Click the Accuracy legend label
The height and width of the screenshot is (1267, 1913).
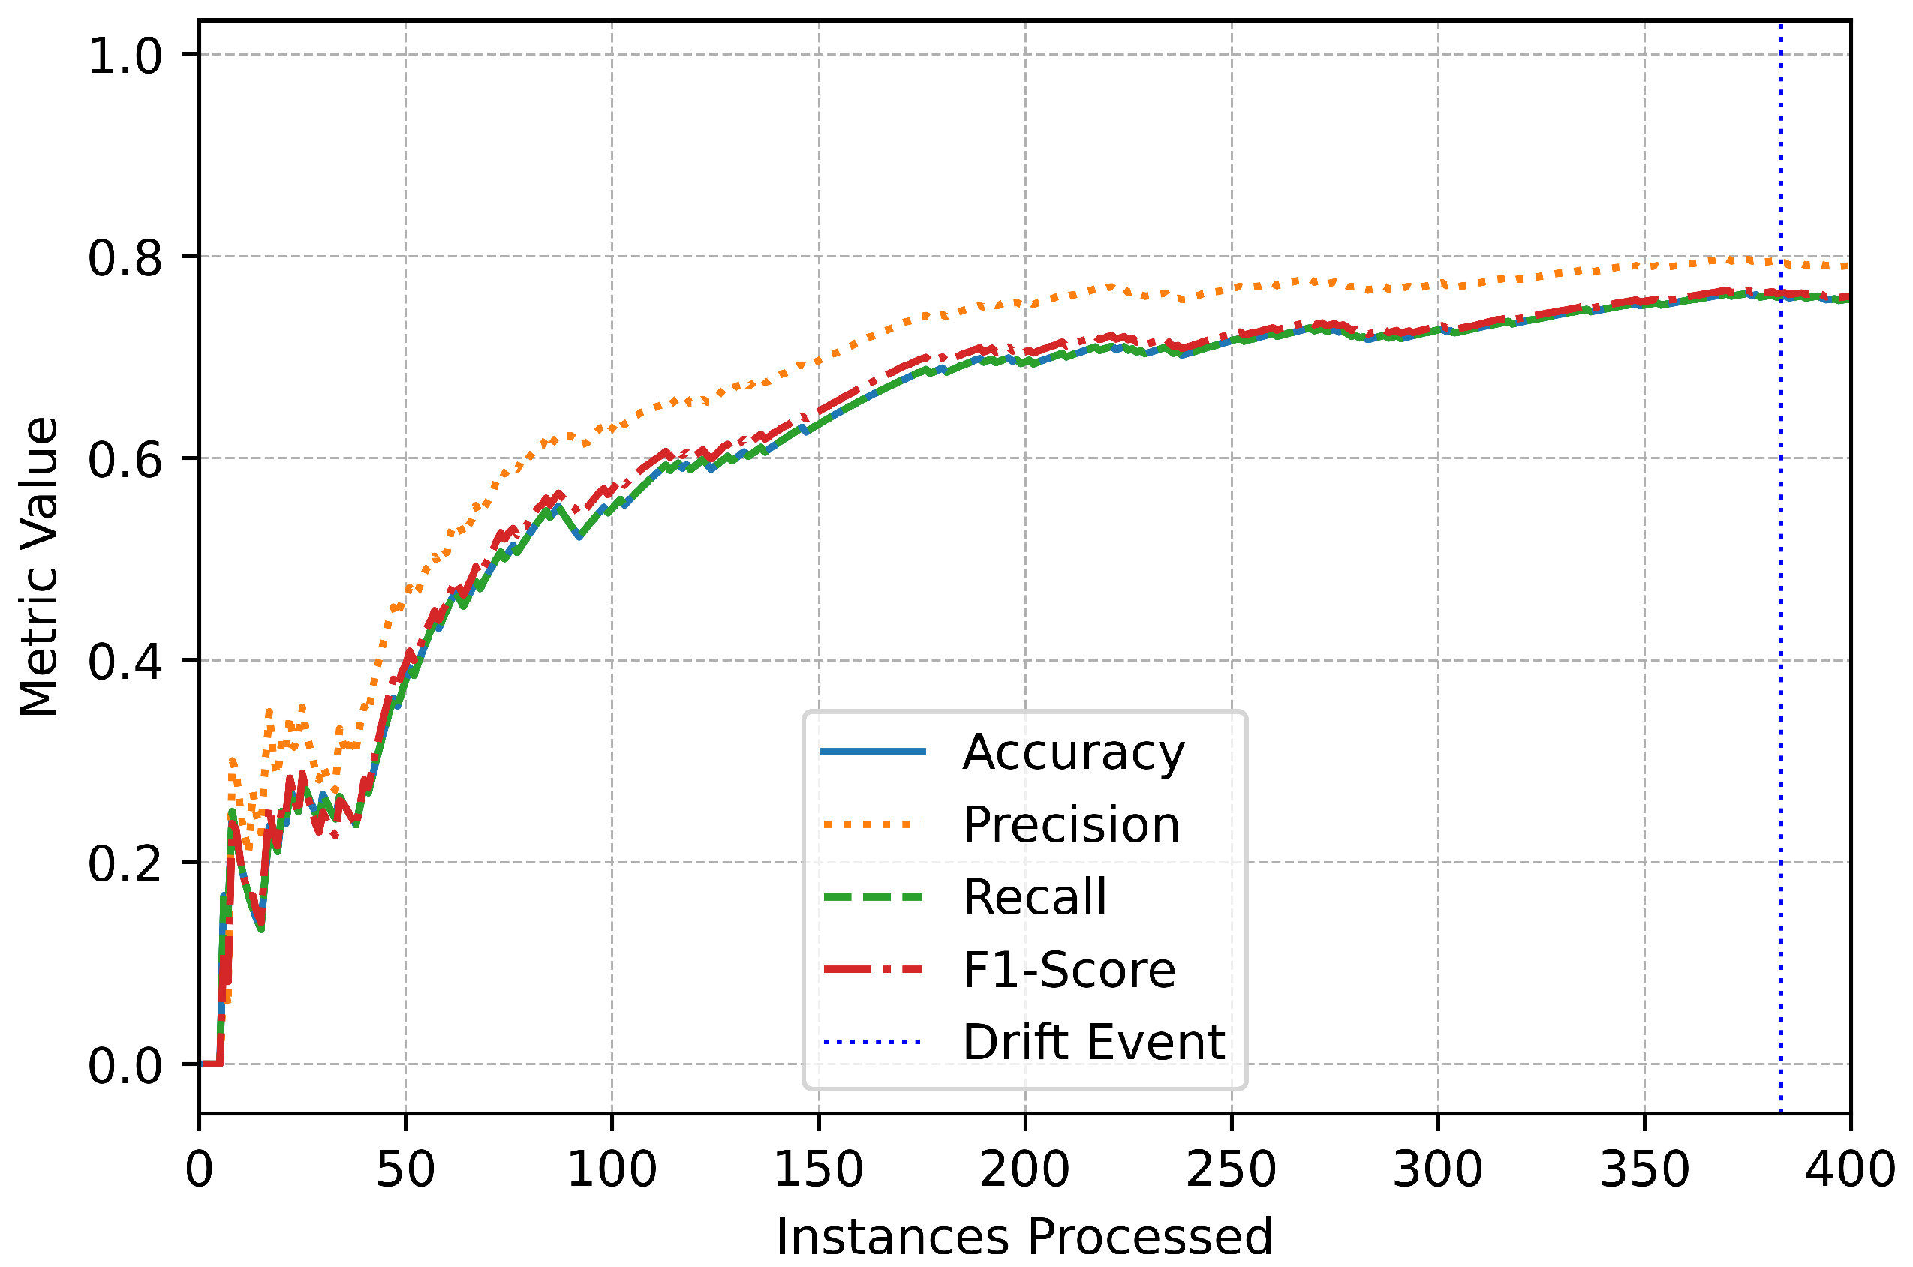tap(1072, 752)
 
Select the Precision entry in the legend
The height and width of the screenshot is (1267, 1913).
tap(1071, 825)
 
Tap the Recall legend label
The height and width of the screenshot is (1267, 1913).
tap(1034, 897)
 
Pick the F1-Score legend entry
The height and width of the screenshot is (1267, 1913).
tap(1069, 970)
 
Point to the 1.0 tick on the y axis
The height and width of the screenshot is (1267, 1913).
tap(125, 55)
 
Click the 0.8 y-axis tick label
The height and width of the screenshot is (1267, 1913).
tap(125, 257)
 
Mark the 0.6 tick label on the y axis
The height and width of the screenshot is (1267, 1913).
tap(125, 459)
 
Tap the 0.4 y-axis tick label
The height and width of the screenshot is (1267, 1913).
tap(125, 661)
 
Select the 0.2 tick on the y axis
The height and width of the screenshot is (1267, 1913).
tap(125, 863)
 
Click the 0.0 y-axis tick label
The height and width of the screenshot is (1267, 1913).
tap(125, 1065)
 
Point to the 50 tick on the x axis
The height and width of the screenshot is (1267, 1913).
tap(406, 1169)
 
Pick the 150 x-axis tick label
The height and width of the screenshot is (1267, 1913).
tap(819, 1169)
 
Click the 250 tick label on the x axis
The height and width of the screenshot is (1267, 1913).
tap(1232, 1169)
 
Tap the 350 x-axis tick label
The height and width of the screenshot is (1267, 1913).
tap(1644, 1169)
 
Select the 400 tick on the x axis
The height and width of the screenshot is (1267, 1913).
tap(1849, 1169)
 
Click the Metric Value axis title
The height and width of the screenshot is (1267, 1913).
tap(39, 566)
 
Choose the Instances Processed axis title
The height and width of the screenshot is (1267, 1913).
tap(1024, 1236)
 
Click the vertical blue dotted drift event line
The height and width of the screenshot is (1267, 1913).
tap(1780, 647)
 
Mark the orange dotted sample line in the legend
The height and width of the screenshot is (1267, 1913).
tap(873, 825)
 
